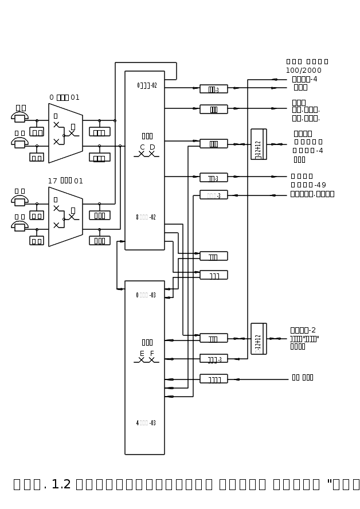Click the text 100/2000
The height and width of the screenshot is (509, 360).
304,71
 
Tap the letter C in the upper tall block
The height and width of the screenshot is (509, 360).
142,147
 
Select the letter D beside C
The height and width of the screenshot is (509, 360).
152,147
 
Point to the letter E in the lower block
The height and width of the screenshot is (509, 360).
142,354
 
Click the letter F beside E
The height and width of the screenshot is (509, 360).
152,354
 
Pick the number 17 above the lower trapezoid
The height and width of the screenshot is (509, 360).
52,181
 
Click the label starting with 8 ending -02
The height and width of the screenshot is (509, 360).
146,217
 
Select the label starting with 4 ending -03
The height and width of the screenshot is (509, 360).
146,423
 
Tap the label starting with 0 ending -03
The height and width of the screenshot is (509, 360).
146,295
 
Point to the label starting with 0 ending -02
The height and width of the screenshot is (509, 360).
147,85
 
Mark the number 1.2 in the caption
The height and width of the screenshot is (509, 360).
61,484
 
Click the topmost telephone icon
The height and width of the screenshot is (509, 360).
19,117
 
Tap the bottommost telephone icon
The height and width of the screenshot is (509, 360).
19,226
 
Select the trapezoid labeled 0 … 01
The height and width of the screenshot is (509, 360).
65,133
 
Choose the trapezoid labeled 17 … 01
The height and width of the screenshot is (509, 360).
65,217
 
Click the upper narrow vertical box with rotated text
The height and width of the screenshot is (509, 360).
259,144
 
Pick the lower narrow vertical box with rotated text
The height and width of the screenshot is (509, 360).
259,339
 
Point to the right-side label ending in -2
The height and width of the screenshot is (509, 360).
303,330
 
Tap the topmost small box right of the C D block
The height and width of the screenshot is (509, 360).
214,89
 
